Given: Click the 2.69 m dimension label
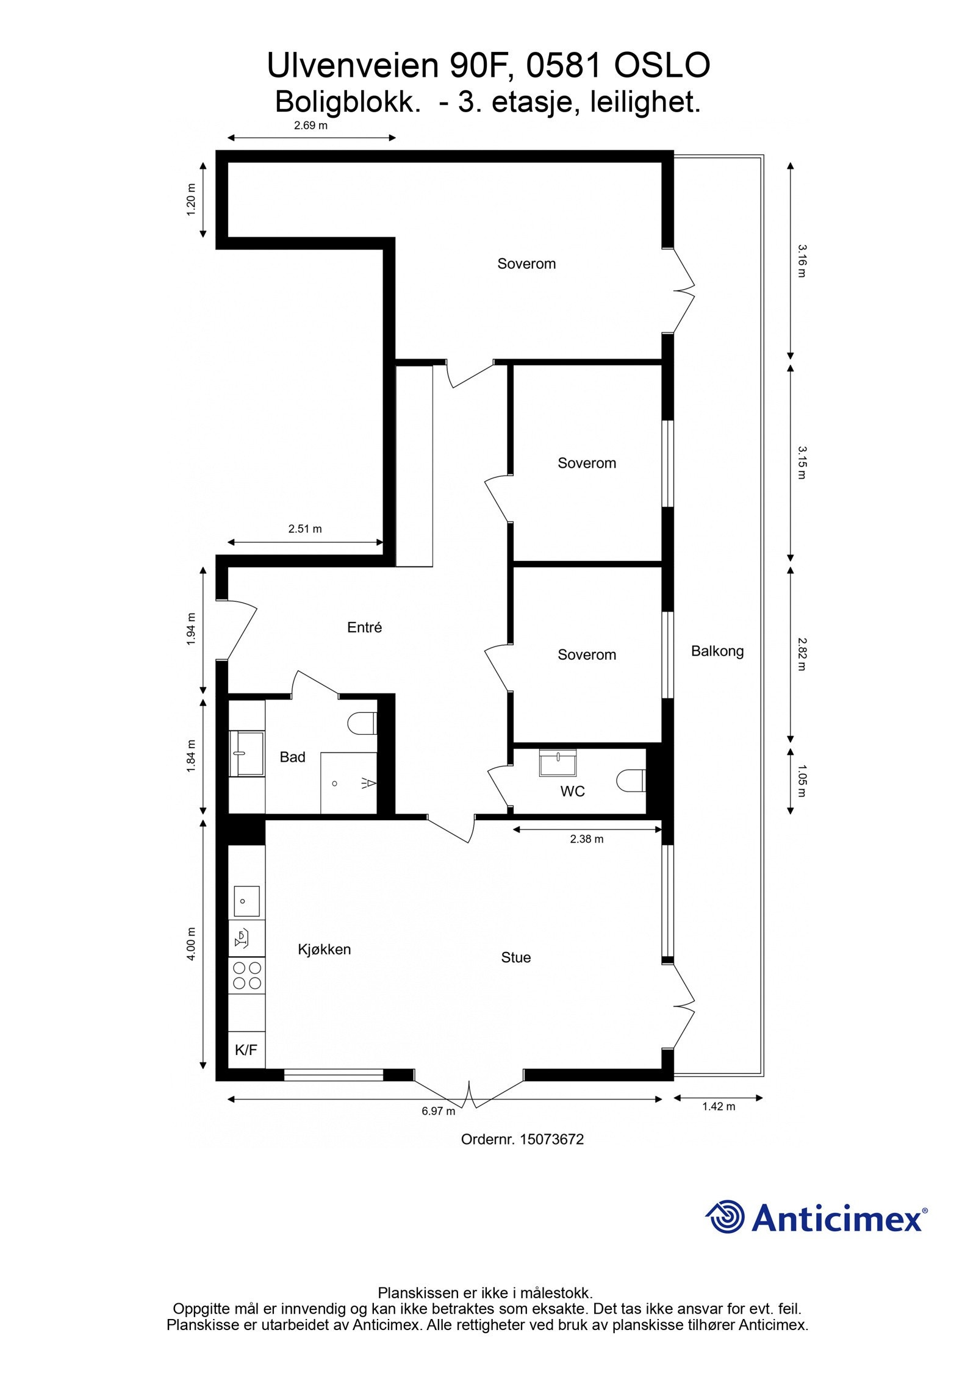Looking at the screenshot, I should (310, 126).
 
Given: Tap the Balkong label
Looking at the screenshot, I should (717, 651).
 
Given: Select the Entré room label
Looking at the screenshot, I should (364, 627).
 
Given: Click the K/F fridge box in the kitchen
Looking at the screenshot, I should (246, 1049).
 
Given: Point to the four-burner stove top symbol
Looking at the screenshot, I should (247, 975).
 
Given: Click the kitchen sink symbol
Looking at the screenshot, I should (246, 901).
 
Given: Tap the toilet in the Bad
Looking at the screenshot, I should (362, 723).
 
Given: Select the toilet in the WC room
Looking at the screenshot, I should (630, 781).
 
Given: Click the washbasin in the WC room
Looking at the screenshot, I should (558, 763).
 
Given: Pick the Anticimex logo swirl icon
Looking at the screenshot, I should (725, 1217).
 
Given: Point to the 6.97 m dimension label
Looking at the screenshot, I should (438, 1110).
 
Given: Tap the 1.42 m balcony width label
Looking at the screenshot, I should (718, 1106).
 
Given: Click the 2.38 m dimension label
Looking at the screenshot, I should (586, 838).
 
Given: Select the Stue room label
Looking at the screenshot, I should (515, 957).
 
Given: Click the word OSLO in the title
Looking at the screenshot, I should (661, 66).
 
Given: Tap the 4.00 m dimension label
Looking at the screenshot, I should (192, 944).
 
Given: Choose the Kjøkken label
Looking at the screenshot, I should (324, 949).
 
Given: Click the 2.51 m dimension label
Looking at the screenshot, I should (304, 529).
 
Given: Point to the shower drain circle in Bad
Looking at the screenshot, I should (334, 784).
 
